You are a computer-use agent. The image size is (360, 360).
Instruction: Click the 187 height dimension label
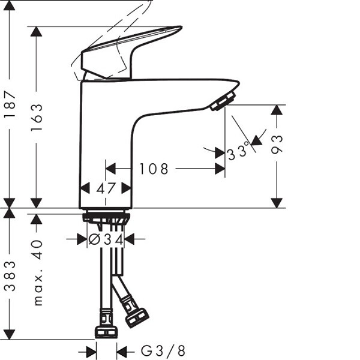pyautogui.click(x=10, y=104)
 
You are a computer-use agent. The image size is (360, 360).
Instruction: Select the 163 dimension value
pyautogui.click(x=37, y=118)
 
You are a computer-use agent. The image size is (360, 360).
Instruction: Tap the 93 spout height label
pyautogui.click(x=277, y=145)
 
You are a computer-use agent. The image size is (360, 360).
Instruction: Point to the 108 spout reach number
pyautogui.click(x=154, y=169)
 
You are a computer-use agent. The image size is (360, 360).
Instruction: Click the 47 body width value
pyautogui.click(x=106, y=188)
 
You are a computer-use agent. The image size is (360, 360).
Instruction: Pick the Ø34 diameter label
pyautogui.click(x=106, y=240)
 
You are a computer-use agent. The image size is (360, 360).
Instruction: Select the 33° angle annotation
pyautogui.click(x=238, y=151)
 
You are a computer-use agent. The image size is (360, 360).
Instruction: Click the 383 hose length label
pyautogui.click(x=10, y=276)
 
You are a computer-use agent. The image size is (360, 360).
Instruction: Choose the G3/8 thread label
pyautogui.click(x=163, y=351)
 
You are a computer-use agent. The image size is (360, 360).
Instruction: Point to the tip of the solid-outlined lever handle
pyautogui.click(x=182, y=27)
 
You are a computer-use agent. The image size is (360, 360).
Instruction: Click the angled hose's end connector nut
pyautogui.click(x=137, y=318)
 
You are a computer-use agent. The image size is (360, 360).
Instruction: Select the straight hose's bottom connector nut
pyautogui.click(x=106, y=332)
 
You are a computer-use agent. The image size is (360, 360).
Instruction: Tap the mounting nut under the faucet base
pyautogui.click(x=106, y=218)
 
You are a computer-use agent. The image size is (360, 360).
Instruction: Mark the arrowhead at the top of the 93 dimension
pyautogui.click(x=277, y=110)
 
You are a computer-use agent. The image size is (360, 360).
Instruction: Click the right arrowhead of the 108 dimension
pyautogui.click(x=220, y=169)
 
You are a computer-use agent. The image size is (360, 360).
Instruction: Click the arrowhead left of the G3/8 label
pyautogui.click(x=91, y=352)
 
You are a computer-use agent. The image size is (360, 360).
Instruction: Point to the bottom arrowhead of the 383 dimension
pyautogui.click(x=10, y=335)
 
